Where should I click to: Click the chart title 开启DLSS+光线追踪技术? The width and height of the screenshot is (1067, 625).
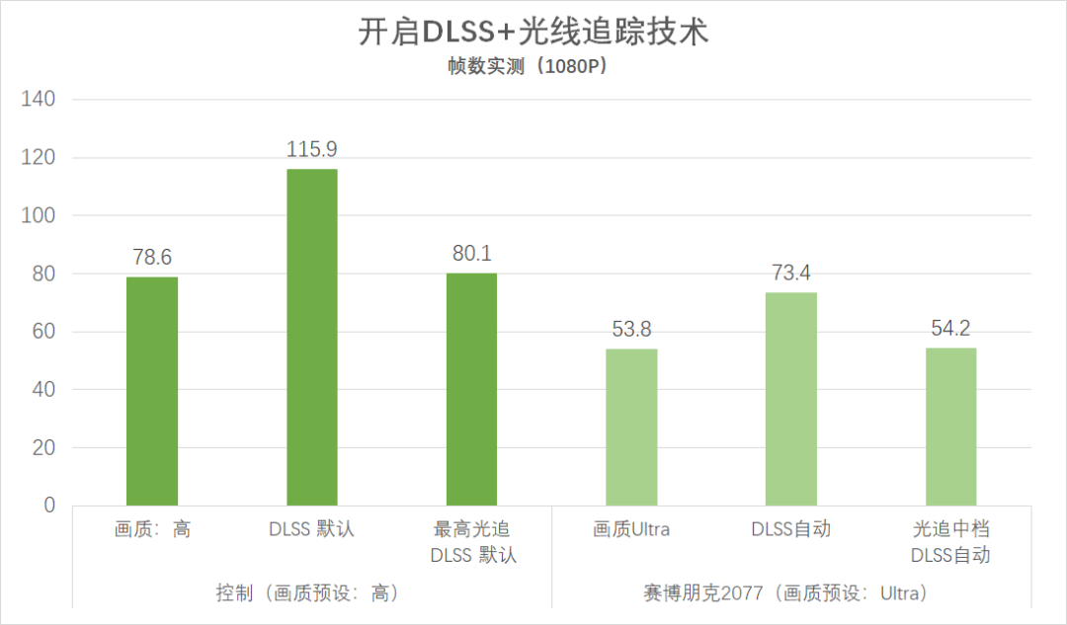(533, 32)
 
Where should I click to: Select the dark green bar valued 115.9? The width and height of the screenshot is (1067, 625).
(312, 337)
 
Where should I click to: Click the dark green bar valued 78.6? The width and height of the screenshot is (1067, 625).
(152, 391)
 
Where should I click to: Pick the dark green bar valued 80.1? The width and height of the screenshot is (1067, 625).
(471, 389)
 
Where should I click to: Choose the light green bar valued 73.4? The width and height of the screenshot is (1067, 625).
(791, 399)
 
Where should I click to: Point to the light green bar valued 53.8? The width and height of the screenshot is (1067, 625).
(631, 427)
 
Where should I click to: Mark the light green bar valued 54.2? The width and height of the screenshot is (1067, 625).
(950, 427)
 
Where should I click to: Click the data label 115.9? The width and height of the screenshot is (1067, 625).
(312, 150)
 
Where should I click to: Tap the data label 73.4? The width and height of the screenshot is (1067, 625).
(791, 273)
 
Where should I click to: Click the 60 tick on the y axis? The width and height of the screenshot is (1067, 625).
(42, 332)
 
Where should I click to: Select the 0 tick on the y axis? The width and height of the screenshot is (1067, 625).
(47, 506)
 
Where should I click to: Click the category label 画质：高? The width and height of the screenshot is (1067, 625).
(152, 530)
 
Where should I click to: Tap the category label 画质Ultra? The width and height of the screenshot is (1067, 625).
(631, 530)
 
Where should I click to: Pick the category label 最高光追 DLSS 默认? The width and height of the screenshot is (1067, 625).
(471, 542)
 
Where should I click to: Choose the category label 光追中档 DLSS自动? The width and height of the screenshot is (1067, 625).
(950, 542)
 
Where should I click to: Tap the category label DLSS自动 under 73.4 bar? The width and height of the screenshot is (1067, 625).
(791, 530)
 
